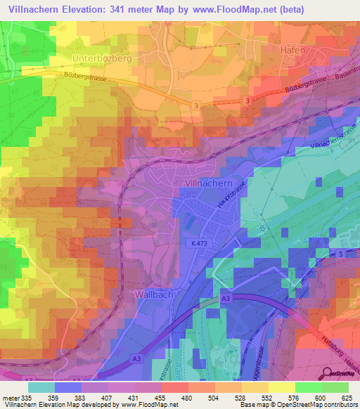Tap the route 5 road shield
[x=340, y=254]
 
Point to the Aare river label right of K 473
[x=308, y=239]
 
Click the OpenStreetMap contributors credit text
[x=318, y=405]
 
